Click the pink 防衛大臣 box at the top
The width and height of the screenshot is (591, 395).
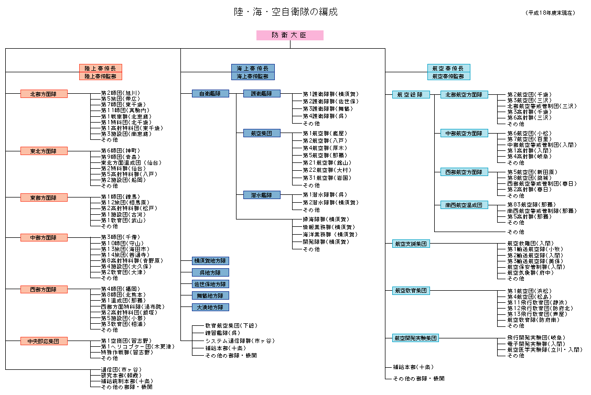click(289, 35)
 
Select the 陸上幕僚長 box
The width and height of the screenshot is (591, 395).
click(101, 68)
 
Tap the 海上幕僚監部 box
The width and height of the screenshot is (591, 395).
click(252, 76)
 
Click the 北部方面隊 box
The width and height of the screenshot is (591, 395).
click(44, 94)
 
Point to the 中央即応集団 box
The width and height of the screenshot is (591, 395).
click(44, 341)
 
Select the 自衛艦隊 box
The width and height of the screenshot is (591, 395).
click(210, 94)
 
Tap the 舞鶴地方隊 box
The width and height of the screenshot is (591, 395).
click(210, 295)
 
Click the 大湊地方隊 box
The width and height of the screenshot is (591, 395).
click(210, 307)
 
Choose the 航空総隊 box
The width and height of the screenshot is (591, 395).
click(411, 95)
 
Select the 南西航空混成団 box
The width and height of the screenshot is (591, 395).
click(464, 205)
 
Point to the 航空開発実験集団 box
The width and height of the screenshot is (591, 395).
click(415, 338)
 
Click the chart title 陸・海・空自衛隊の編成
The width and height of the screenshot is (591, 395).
click(285, 12)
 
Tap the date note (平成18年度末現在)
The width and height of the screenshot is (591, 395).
click(551, 13)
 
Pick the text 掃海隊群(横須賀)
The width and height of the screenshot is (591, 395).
click(326, 219)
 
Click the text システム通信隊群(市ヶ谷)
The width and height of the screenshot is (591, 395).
click(239, 341)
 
